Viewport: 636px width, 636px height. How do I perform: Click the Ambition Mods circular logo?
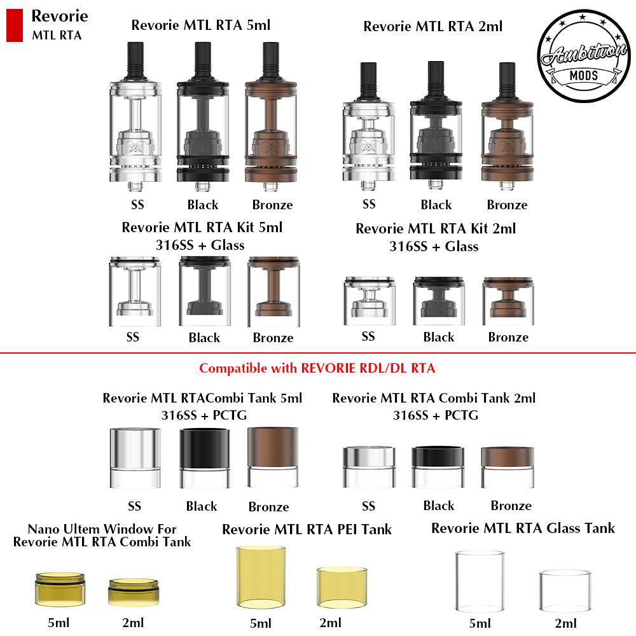[584, 55]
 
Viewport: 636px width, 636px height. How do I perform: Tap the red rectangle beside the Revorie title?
[15, 25]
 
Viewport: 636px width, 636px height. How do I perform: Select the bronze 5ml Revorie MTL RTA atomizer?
[271, 116]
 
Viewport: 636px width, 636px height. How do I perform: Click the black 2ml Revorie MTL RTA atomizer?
[436, 125]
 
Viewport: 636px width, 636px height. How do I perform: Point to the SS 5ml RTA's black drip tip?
[135, 61]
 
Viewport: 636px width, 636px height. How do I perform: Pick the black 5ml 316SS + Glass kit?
[205, 291]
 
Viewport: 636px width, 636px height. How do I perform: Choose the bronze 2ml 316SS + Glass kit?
[508, 301]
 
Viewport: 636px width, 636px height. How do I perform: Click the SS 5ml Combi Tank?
[135, 457]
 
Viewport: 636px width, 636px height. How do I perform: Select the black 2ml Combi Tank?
[438, 467]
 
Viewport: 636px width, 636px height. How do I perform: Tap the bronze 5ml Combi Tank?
[273, 457]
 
